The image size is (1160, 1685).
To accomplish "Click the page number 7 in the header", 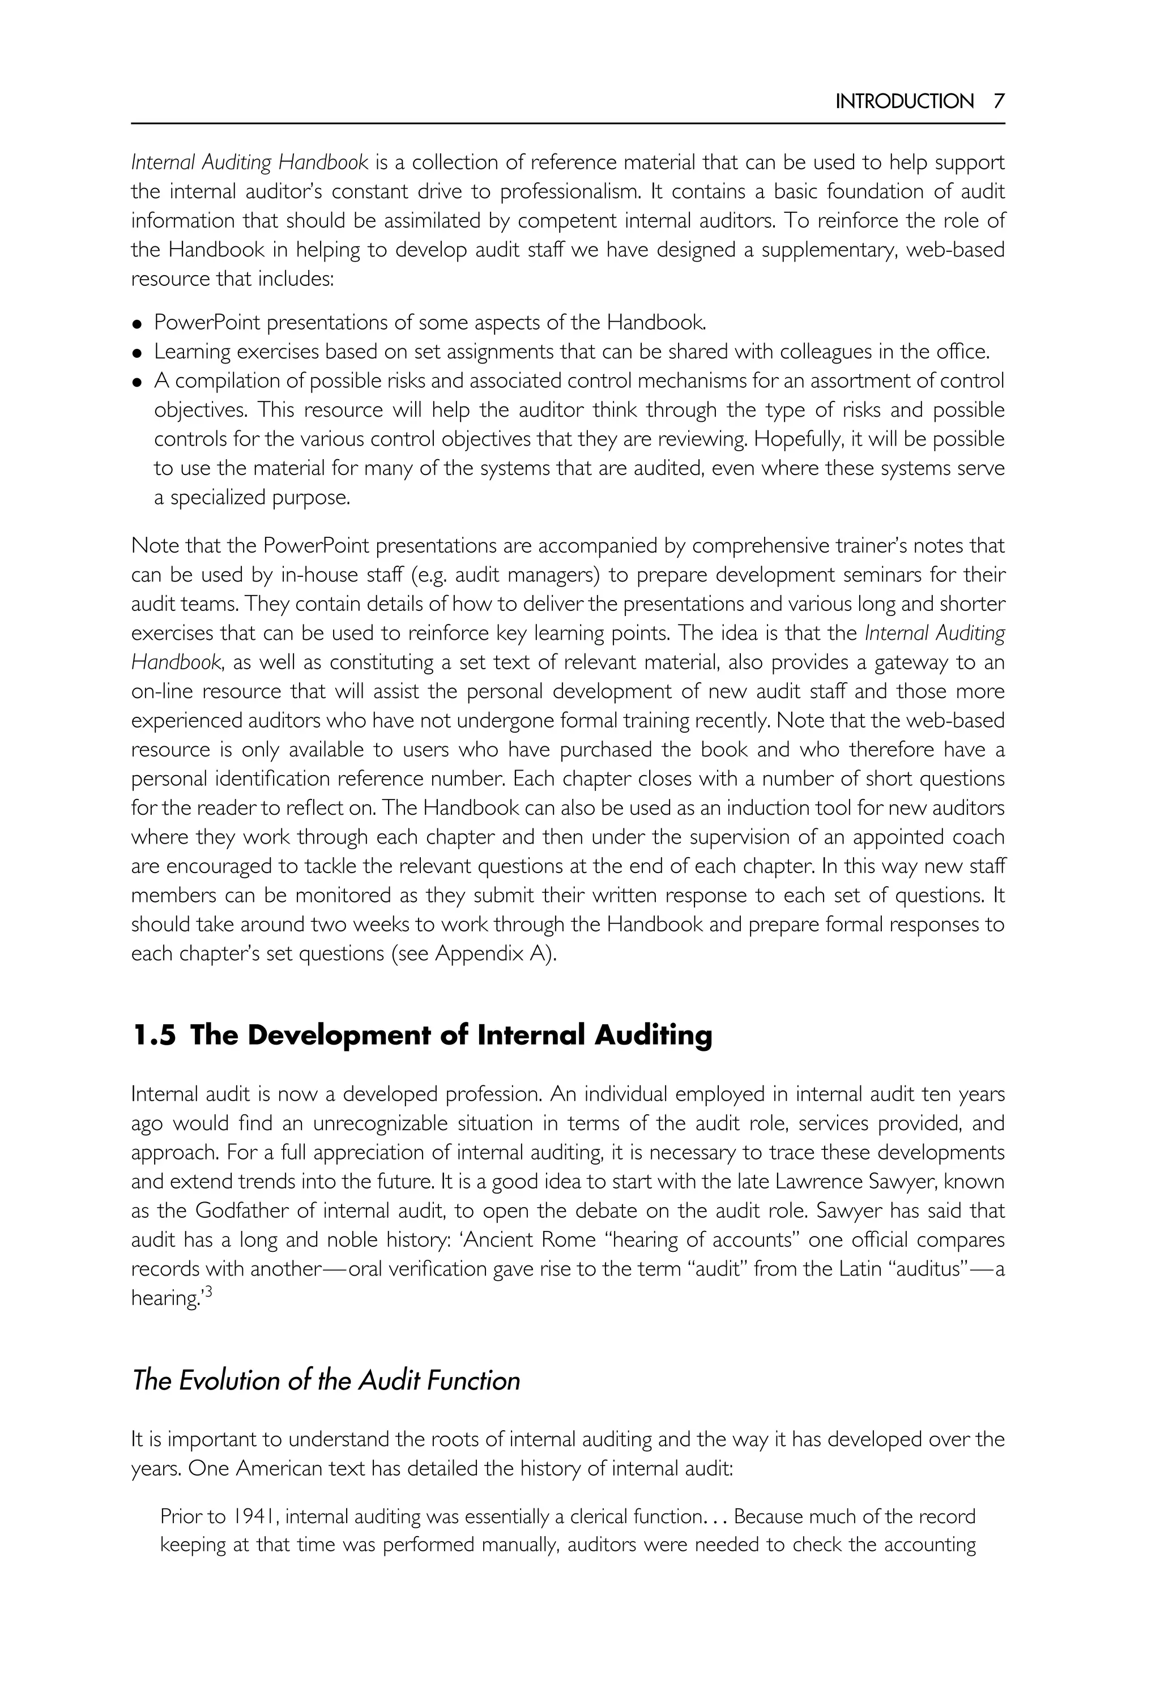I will (x=999, y=101).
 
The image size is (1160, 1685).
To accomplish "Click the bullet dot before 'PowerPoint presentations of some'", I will (x=137, y=324).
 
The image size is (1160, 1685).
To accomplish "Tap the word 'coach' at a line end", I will (x=978, y=837).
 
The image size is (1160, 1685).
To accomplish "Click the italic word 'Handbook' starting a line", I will (x=175, y=662).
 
